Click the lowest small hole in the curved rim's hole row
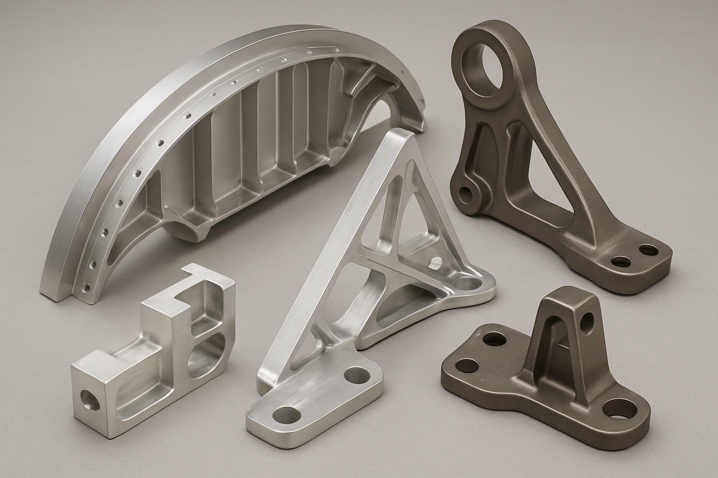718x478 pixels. (86, 287)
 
